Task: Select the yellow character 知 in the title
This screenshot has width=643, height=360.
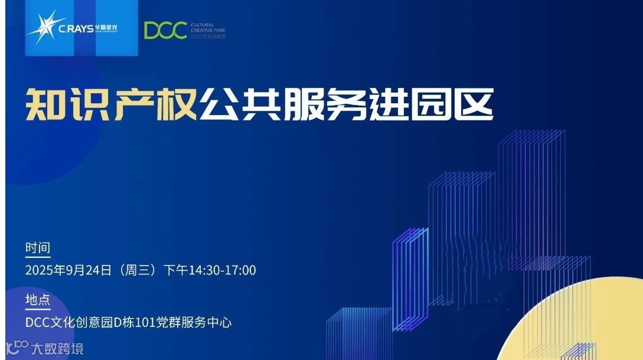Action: tap(45, 104)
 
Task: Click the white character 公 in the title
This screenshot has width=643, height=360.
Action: tap(219, 104)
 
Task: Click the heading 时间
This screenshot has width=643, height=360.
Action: tap(37, 248)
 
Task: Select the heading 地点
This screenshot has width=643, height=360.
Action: tap(37, 300)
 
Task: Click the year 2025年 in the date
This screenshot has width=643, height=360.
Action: tap(47, 270)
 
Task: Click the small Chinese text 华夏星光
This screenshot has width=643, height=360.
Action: tap(106, 28)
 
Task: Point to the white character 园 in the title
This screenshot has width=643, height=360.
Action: tap(430, 104)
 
